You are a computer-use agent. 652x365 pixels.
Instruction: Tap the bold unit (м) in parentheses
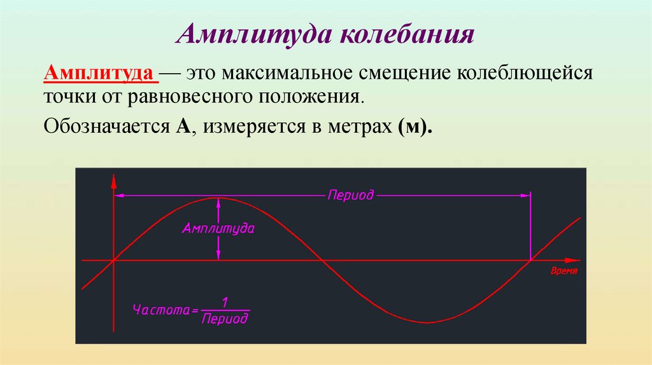pyautogui.click(x=412, y=125)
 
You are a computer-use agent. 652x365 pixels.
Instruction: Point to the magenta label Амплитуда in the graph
pyautogui.click(x=218, y=228)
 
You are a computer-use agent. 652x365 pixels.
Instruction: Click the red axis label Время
pyautogui.click(x=563, y=271)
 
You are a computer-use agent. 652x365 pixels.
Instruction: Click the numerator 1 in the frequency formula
pyautogui.click(x=224, y=301)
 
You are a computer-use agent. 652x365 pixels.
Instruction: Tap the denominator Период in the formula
pyautogui.click(x=224, y=319)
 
